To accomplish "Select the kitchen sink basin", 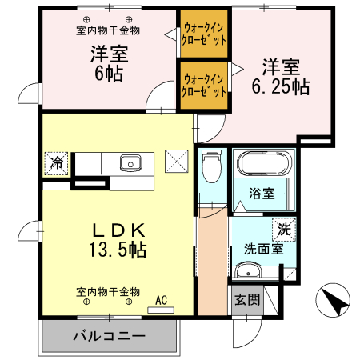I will click(130, 163).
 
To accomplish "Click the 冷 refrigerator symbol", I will click(58, 162).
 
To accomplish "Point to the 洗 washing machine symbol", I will click(284, 228).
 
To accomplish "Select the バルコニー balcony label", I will click(110, 336).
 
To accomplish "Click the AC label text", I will click(161, 302).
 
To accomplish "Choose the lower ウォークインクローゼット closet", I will click(204, 85).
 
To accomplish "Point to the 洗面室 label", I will click(263, 249).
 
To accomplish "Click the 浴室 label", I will click(262, 194).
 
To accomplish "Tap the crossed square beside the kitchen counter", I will click(176, 160).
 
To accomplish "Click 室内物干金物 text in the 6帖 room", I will click(108, 30).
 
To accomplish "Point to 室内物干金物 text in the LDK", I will click(108, 291).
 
